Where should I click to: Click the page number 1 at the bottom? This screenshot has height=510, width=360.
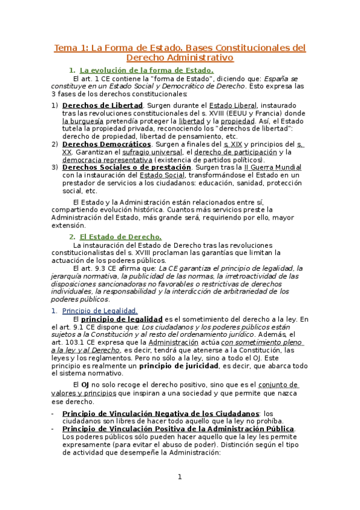(x=179, y=477)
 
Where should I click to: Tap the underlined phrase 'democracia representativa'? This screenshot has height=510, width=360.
(x=107, y=160)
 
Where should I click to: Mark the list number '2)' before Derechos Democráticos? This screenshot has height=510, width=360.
(x=55, y=144)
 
